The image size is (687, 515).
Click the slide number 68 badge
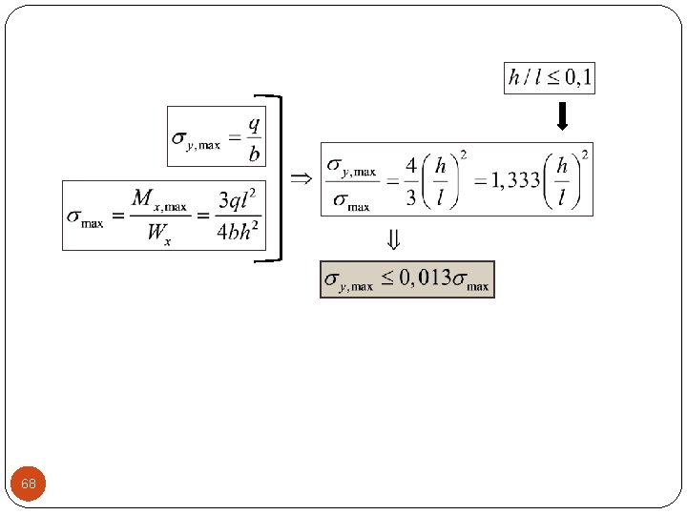29,484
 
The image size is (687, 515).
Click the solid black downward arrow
562,115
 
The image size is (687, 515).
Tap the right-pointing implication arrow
301,178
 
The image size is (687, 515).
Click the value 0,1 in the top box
575,77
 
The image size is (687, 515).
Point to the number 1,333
516,179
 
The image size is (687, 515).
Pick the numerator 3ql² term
238,200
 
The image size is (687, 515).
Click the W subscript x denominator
158,233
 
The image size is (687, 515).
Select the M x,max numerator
158,199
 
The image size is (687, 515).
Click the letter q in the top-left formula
253,124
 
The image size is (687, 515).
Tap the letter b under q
253,153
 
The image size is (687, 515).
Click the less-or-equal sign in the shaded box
387,278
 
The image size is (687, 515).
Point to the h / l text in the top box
528,77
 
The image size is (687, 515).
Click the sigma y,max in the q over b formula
197,140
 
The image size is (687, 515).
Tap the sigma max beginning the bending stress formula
85,216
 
